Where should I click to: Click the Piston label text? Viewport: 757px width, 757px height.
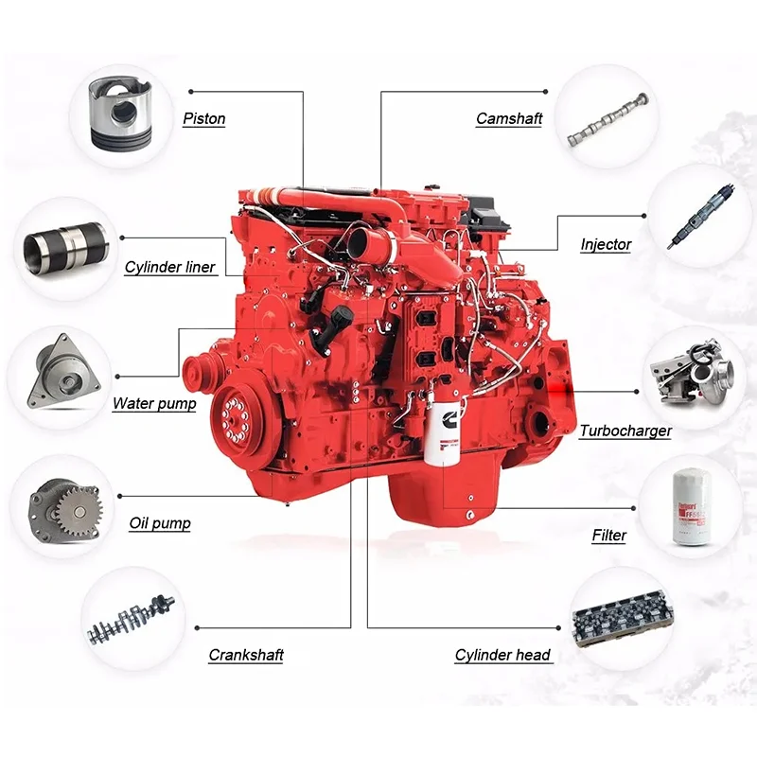(203, 120)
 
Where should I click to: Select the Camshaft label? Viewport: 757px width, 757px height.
(508, 120)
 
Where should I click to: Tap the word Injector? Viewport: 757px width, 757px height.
(606, 245)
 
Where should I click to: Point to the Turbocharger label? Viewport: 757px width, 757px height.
(625, 431)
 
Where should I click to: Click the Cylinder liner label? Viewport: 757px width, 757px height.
(170, 268)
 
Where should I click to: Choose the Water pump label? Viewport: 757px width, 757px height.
(154, 404)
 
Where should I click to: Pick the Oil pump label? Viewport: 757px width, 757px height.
(160, 523)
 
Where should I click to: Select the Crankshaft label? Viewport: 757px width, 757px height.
(246, 655)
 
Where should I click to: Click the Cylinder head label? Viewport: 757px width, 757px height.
(502, 655)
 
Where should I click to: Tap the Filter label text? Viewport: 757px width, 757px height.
(609, 536)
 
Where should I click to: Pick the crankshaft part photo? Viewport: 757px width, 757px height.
(132, 621)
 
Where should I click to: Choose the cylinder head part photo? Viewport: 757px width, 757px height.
(622, 620)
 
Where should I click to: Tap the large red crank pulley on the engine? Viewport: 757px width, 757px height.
(237, 417)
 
